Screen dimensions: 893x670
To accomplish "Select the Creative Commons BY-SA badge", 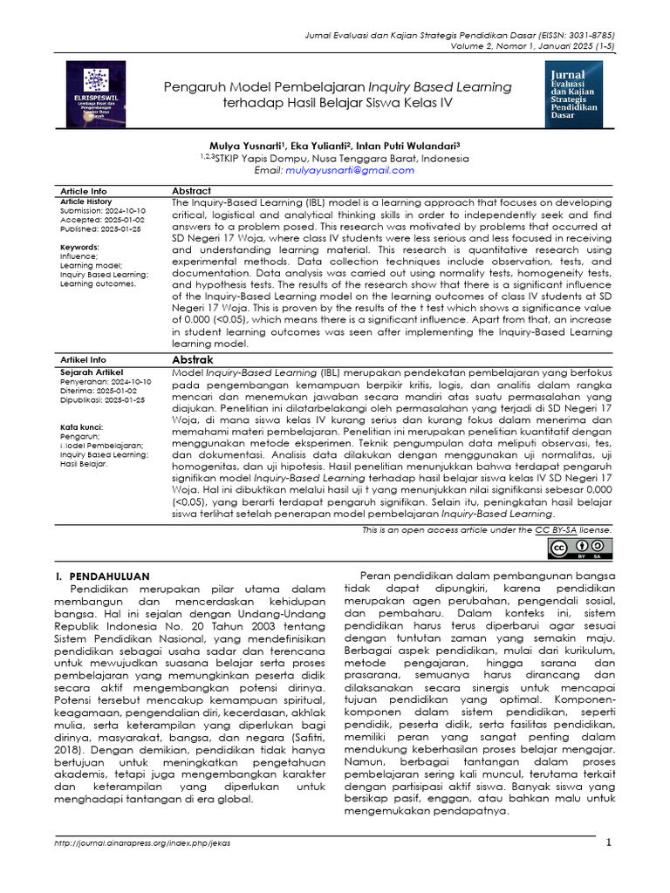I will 580,548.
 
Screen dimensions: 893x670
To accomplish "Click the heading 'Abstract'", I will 191,191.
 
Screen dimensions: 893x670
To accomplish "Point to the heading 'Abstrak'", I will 192,359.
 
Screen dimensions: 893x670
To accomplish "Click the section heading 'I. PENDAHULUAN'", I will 103,576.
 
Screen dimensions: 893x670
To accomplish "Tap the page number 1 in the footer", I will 610,842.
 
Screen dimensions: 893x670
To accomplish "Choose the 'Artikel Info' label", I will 83,359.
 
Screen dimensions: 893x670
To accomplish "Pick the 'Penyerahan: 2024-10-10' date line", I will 106,382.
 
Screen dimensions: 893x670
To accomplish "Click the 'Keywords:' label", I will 79,248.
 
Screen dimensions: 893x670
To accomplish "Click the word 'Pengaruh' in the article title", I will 196,86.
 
